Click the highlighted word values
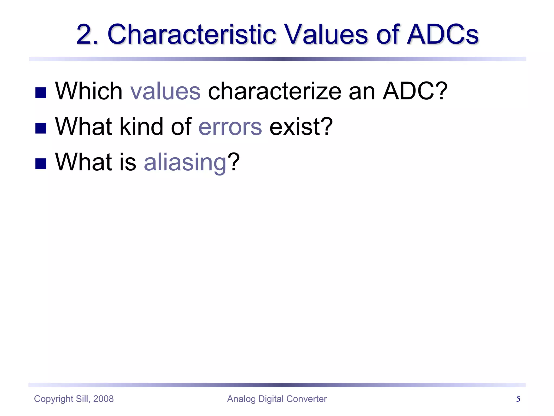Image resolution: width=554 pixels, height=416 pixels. click(x=165, y=91)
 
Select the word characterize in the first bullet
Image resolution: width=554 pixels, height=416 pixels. click(x=275, y=91)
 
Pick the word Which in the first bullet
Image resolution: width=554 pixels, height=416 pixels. click(x=89, y=91)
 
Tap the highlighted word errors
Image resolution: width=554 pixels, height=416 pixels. click(x=230, y=127)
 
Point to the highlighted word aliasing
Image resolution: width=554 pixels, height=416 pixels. click(x=185, y=162)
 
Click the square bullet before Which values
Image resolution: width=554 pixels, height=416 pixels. click(x=41, y=93)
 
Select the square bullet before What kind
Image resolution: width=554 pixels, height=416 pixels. click(x=41, y=128)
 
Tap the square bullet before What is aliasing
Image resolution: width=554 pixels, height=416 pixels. click(x=41, y=164)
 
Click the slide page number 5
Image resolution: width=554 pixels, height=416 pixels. click(x=518, y=399)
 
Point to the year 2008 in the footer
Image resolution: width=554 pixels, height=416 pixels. click(x=103, y=399)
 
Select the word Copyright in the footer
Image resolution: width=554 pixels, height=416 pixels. click(x=54, y=399)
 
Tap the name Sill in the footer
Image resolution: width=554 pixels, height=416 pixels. click(x=82, y=399)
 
